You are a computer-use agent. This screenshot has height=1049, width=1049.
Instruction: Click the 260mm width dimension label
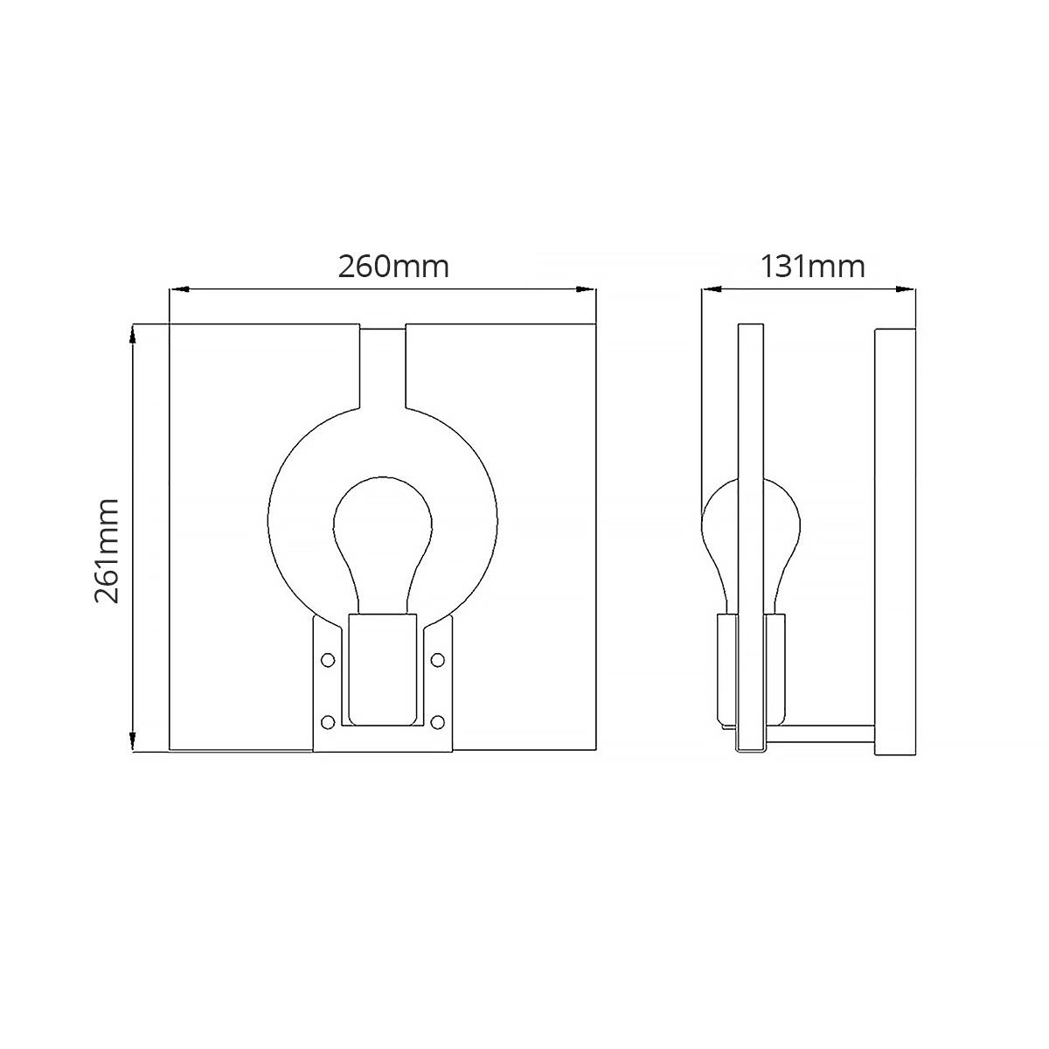[393, 266]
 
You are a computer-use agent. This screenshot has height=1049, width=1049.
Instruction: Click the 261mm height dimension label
[107, 551]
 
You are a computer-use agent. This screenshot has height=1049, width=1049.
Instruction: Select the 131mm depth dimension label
[812, 266]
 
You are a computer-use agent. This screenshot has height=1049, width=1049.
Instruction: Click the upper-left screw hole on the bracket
[328, 659]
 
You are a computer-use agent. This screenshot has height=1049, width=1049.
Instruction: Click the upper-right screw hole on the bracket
[438, 659]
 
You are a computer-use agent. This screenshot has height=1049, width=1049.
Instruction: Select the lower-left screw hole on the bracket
[328, 722]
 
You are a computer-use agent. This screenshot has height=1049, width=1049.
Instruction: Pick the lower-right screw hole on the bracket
[438, 722]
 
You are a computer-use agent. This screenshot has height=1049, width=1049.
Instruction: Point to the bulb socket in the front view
[382, 670]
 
